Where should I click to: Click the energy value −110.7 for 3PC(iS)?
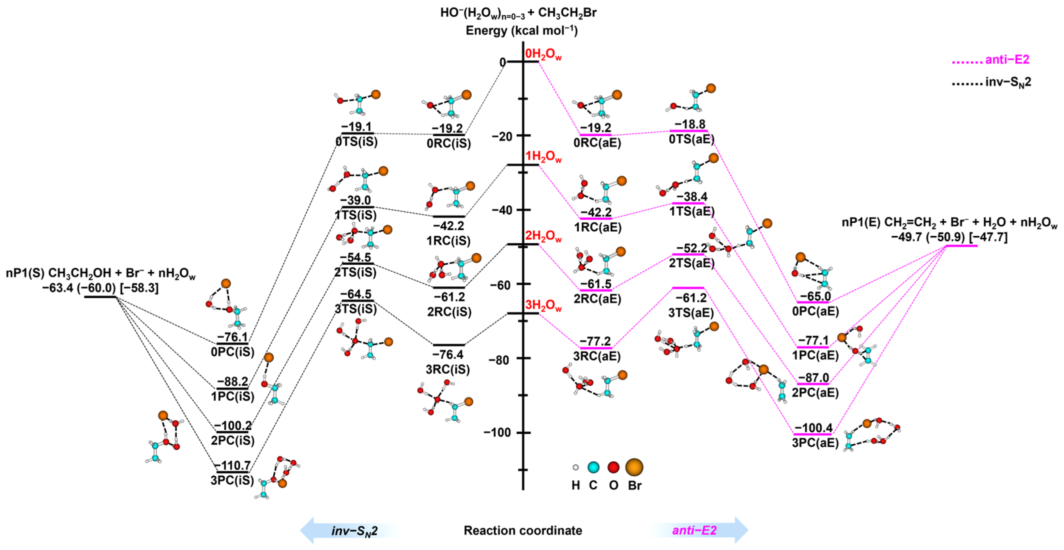click(233, 465)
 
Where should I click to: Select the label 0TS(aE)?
click(692, 139)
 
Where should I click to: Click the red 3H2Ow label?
click(543, 305)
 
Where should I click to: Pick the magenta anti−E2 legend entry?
click(991, 60)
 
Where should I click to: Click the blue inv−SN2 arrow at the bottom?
click(350, 530)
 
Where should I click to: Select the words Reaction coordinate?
click(523, 530)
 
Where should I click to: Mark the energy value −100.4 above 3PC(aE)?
click(813, 428)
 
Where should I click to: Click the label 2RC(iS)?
click(449, 312)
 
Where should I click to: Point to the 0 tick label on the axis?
click(502, 62)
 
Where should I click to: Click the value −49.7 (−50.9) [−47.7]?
click(949, 237)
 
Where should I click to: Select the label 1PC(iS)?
click(233, 396)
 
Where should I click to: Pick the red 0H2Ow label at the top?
click(543, 54)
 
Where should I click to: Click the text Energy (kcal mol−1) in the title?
click(522, 31)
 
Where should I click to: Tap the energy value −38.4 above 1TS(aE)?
click(692, 197)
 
